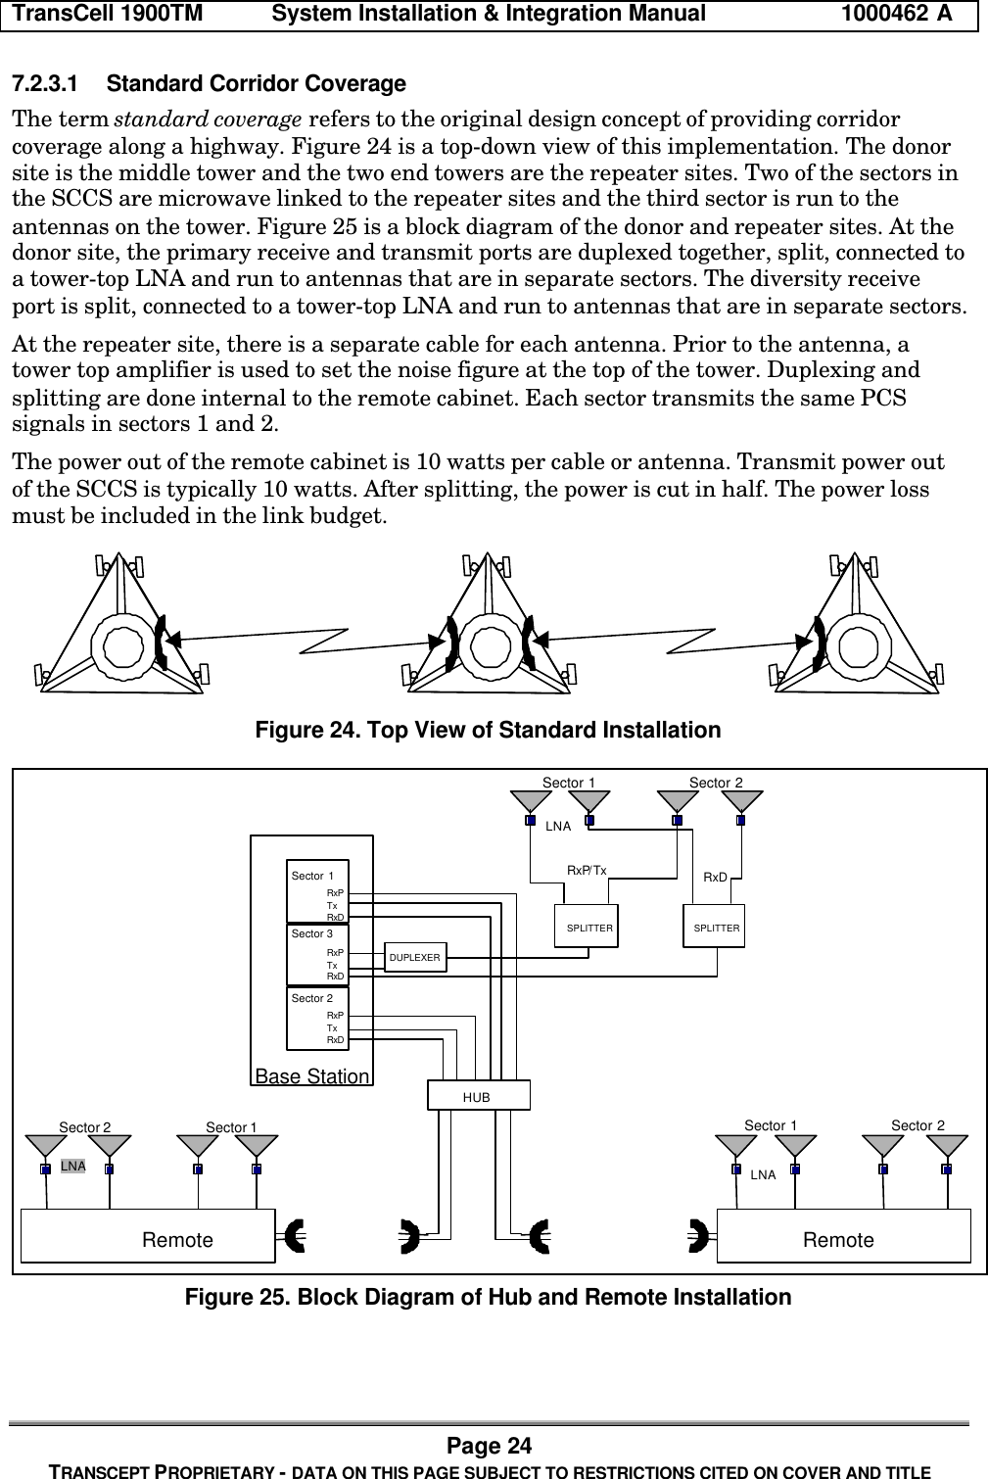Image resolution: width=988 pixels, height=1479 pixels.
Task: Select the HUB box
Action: [478, 1096]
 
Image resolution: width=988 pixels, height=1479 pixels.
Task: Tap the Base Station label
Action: [312, 1076]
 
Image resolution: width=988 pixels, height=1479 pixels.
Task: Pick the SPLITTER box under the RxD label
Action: [715, 927]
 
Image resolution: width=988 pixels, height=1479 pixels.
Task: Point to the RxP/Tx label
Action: [587, 870]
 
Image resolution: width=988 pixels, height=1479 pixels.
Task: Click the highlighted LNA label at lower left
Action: [72, 1167]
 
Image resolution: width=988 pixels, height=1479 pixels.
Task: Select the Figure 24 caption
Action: [488, 731]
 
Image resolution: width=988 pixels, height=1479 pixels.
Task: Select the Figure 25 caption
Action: [488, 1297]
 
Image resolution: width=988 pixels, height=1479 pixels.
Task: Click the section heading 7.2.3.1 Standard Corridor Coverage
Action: [208, 84]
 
